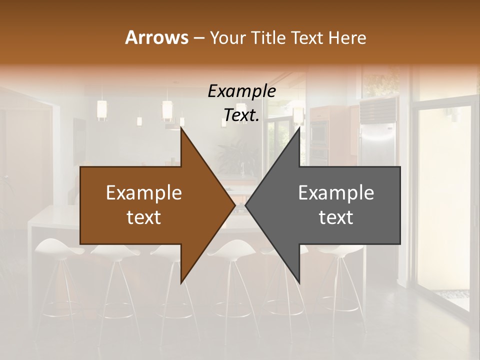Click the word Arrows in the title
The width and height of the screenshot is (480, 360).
pos(156,37)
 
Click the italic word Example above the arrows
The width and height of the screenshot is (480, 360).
pos(241,91)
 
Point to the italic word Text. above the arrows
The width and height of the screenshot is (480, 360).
pos(241,115)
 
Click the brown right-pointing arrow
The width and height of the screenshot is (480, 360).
pos(150,205)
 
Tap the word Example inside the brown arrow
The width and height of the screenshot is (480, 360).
pos(144,193)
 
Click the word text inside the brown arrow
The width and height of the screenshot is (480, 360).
pos(144,217)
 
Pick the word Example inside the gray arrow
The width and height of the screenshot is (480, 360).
pos(336,193)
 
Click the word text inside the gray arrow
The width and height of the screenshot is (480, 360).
pos(336,217)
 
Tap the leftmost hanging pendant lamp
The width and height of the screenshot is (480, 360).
pos(102,110)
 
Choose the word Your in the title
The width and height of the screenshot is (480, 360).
pos(226,37)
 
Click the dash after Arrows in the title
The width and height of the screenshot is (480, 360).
pos(198,38)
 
